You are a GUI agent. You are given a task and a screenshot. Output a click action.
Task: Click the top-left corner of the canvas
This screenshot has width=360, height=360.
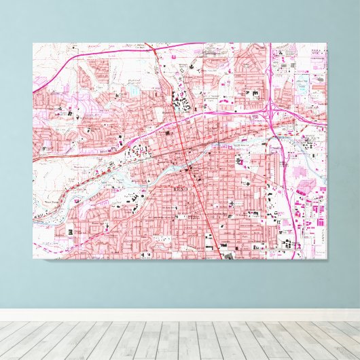tap(33, 43)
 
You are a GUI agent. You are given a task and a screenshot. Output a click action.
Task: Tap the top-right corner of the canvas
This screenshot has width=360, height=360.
tap(327, 43)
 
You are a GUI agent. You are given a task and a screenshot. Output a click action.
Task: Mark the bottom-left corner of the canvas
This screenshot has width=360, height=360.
tap(33, 260)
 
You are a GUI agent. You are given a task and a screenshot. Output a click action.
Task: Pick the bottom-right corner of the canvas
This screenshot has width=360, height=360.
tap(327, 260)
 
